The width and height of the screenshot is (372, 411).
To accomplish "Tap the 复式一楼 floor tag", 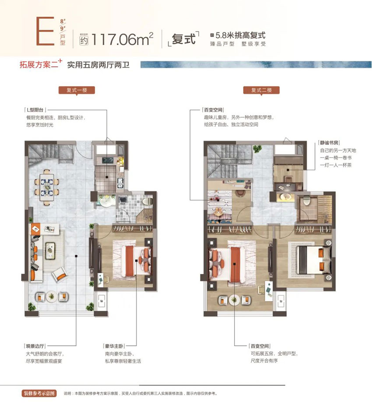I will pos(77,91).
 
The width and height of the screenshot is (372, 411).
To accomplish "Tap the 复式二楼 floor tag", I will pos(262,91).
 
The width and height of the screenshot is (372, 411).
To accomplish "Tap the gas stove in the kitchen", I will pos(108,161).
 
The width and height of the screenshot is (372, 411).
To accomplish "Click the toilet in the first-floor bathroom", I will pos(147,200).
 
